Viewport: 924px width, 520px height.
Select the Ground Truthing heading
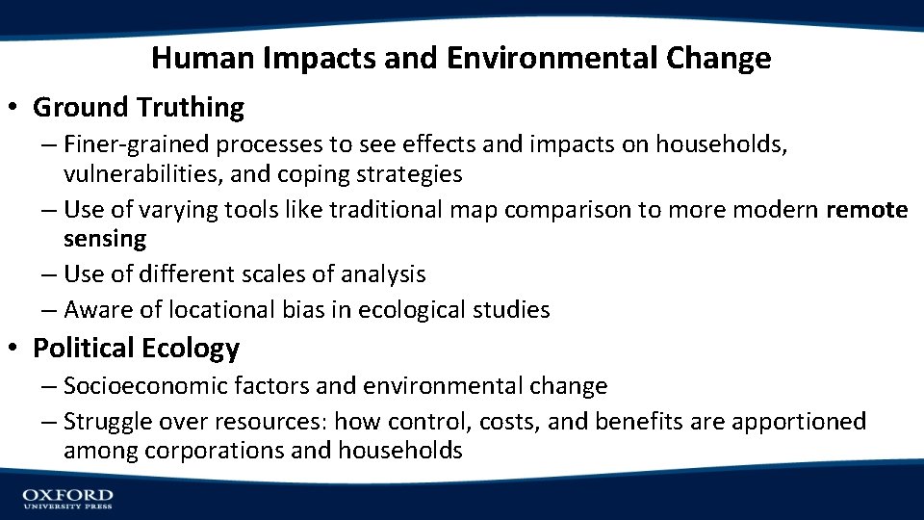tap(138, 107)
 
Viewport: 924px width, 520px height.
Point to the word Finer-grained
tap(137, 144)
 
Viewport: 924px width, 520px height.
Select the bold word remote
tap(866, 210)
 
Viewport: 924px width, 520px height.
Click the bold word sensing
tap(105, 239)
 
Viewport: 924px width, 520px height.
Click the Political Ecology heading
tap(136, 348)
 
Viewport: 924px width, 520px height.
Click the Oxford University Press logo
tap(67, 498)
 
